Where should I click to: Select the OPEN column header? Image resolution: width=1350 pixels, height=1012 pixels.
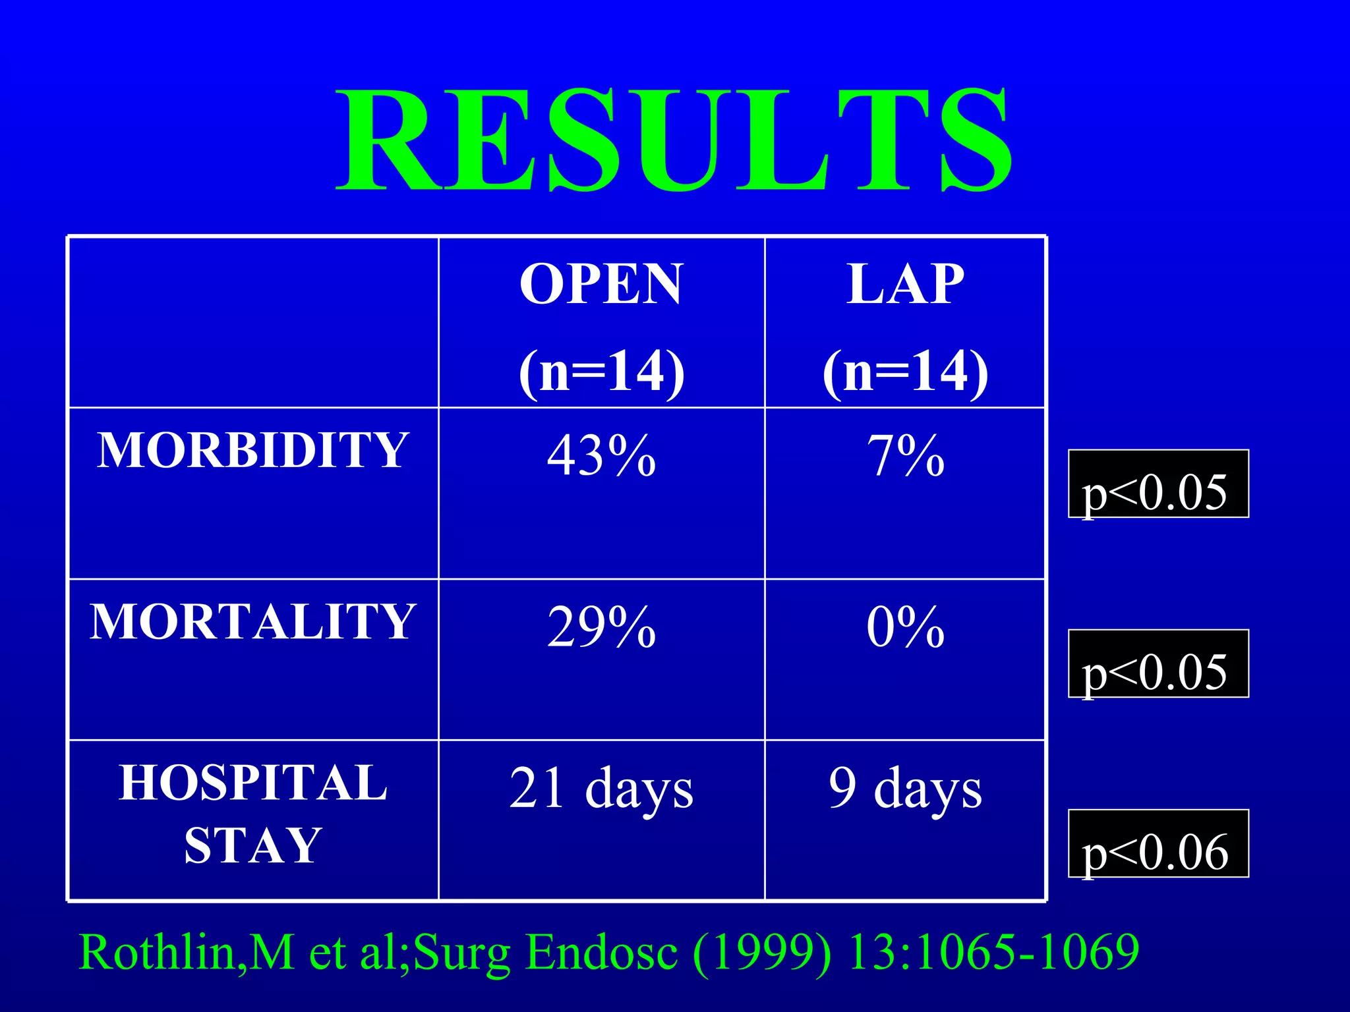tap(601, 285)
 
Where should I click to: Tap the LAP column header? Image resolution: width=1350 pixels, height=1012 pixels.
tap(905, 285)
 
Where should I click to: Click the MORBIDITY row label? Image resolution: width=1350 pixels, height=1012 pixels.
tap(253, 451)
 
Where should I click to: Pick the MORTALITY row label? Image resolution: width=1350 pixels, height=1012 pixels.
tap(253, 622)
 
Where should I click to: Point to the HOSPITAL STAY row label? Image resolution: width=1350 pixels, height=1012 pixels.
tap(253, 814)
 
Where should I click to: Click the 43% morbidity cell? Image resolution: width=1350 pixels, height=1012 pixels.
tap(601, 456)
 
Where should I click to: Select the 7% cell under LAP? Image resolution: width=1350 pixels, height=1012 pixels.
tap(905, 456)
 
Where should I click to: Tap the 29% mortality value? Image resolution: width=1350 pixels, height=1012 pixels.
tap(601, 627)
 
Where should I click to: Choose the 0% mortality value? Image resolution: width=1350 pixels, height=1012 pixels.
tap(905, 627)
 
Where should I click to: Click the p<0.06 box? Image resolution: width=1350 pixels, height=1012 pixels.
tap(1158, 844)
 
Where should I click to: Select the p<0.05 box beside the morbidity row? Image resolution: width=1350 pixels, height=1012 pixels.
tap(1158, 484)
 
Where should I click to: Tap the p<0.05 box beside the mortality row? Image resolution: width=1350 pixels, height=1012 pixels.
tap(1158, 664)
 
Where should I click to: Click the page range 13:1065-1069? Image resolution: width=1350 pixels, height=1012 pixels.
tap(993, 953)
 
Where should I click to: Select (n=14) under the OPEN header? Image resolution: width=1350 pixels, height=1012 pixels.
tap(601, 372)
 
